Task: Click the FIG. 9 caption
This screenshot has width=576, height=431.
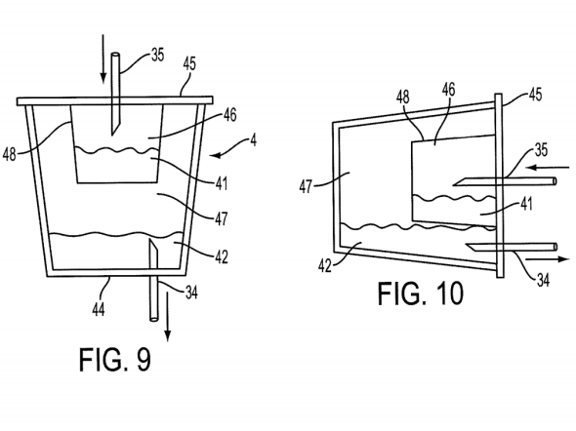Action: [115, 359]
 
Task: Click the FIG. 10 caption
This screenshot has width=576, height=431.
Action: [421, 294]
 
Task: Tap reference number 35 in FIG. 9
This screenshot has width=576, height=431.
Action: [157, 55]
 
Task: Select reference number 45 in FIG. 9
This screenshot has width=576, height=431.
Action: [189, 63]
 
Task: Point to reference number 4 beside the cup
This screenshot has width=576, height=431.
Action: [253, 140]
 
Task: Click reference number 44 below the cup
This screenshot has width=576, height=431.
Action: [98, 309]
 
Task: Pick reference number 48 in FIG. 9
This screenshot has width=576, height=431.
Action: [10, 154]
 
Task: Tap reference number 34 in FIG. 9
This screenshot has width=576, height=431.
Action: [191, 293]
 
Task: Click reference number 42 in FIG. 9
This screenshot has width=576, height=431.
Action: [222, 256]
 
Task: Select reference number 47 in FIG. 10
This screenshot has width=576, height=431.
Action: [306, 186]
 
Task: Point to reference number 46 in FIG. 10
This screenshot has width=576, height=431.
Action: [448, 90]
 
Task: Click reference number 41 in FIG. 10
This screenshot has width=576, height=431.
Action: [527, 204]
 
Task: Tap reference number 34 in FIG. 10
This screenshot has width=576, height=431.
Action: [544, 280]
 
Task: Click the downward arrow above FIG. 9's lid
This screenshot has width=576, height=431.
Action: [103, 59]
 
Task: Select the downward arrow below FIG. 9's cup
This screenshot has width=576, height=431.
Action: [168, 316]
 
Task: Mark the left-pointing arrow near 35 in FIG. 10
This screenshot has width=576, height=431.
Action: [548, 168]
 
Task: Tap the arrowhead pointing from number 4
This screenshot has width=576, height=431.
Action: [215, 155]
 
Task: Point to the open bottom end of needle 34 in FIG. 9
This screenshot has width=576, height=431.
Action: [153, 319]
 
